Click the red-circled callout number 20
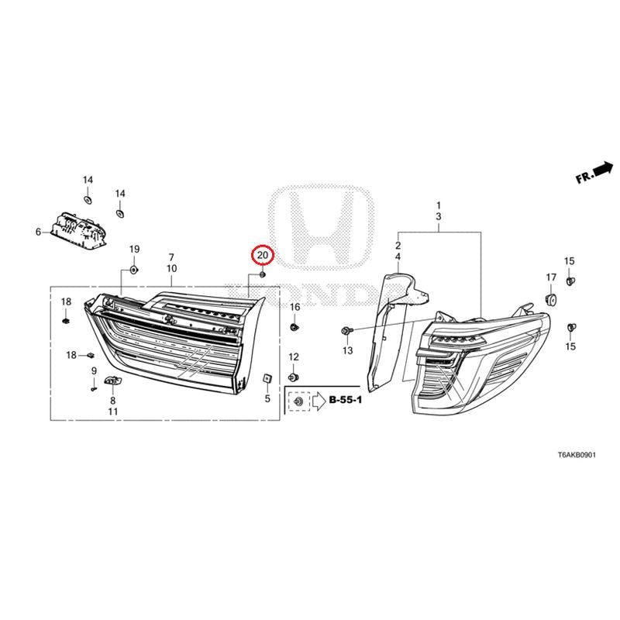click(x=263, y=256)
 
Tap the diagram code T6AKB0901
click(x=577, y=455)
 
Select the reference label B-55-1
click(x=346, y=400)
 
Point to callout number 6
click(x=38, y=232)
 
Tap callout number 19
click(x=134, y=249)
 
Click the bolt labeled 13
click(x=345, y=330)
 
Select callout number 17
click(x=551, y=277)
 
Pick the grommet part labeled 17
click(x=550, y=299)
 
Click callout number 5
click(x=267, y=398)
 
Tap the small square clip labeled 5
click(x=267, y=378)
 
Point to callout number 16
click(x=295, y=307)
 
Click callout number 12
click(x=294, y=357)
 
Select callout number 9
click(x=94, y=371)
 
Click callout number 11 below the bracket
click(x=113, y=412)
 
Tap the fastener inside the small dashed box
click(x=299, y=401)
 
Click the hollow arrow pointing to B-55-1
click(x=319, y=401)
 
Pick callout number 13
click(x=347, y=350)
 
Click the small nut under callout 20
click(x=262, y=274)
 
